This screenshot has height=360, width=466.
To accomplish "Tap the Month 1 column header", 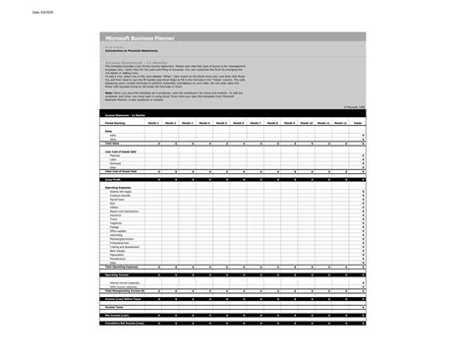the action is coord(154,123).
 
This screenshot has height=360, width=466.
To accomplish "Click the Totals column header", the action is coord(358,123).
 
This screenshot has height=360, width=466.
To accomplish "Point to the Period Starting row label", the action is coord(116,123).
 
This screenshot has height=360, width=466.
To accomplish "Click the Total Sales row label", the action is coord(111,144).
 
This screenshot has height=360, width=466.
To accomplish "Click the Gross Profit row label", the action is coord(113,180).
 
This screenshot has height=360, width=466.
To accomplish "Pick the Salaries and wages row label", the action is coord(121,193).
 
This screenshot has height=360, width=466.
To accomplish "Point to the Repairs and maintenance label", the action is coord(124,211).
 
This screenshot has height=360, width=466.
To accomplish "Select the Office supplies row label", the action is coord(118,230).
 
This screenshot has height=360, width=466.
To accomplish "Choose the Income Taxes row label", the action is coord(113,307).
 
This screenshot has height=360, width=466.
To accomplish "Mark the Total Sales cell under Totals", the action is coord(361,144).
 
